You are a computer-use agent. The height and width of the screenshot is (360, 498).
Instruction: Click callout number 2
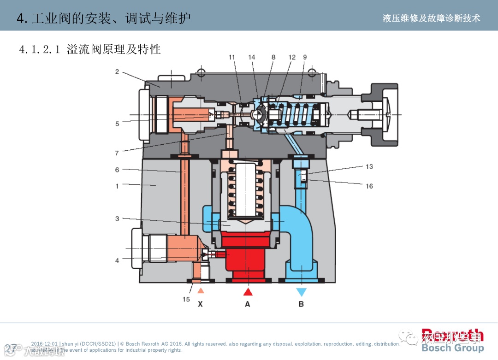coord(117,71)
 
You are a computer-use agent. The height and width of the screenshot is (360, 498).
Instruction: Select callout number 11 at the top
coord(232,58)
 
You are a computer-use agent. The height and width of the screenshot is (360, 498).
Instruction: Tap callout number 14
coord(251,58)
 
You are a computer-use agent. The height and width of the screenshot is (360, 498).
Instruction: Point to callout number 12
coord(292,58)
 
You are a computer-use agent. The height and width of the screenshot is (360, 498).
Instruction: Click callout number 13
coord(369,166)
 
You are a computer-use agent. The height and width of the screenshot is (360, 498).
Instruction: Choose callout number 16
coord(369,186)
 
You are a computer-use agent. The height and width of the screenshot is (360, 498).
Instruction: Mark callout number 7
coord(117,153)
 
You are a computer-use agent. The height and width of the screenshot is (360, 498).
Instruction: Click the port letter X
coord(200,304)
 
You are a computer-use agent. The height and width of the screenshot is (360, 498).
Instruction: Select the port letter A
coord(248,304)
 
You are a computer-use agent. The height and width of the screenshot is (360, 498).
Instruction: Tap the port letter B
coord(301,304)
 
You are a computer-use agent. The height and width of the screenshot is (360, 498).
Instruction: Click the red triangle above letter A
coord(248,291)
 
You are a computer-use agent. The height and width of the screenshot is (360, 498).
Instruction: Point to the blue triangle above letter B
coord(302,292)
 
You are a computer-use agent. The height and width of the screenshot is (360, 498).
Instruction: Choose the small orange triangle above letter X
coord(201,290)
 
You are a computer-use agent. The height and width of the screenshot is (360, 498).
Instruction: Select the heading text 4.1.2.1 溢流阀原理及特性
coord(90,49)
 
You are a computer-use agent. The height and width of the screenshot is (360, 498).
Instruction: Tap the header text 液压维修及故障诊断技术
coord(431,18)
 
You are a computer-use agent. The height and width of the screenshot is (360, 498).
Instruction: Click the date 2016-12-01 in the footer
coord(44,344)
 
